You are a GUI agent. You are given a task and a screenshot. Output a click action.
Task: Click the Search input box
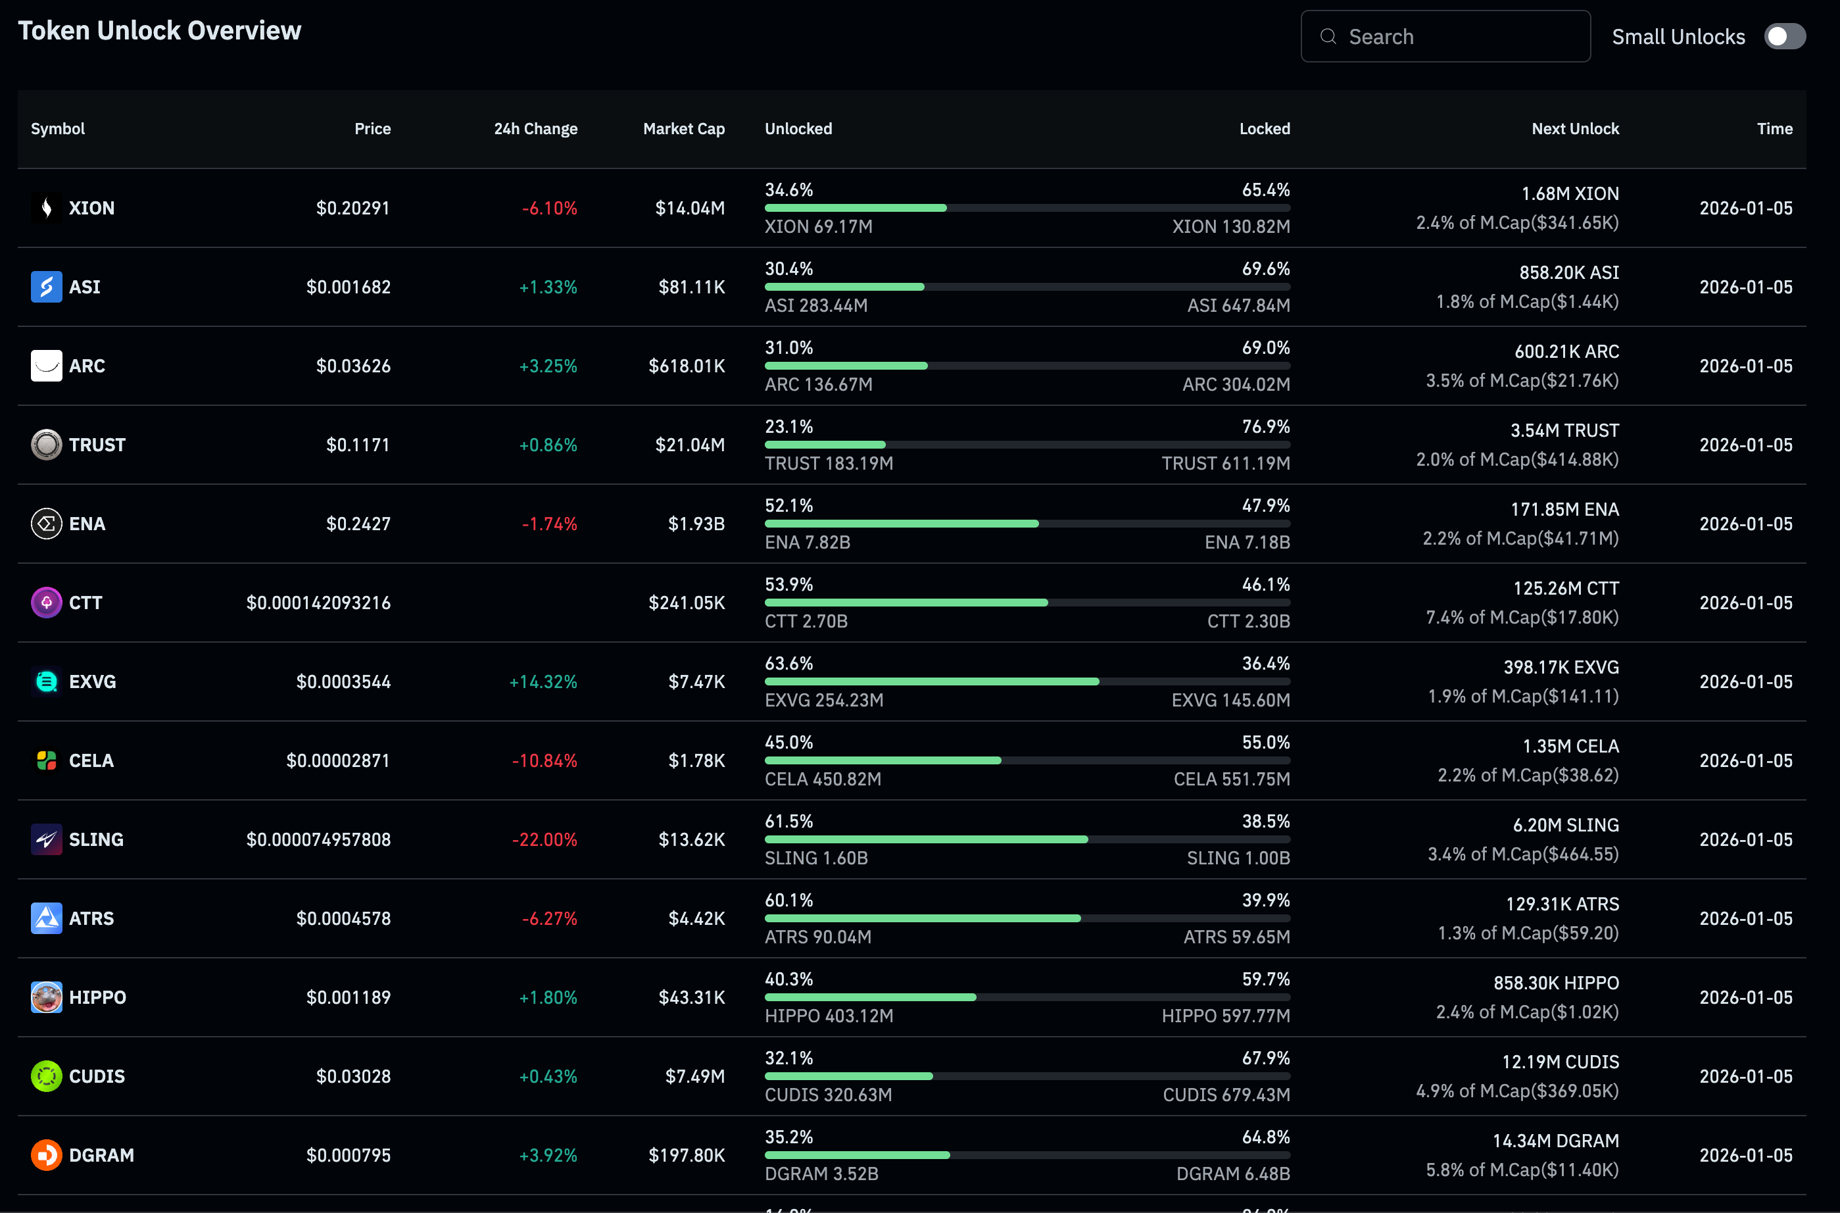coord(1445,36)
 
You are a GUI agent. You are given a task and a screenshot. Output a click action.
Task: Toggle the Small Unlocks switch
coord(1784,36)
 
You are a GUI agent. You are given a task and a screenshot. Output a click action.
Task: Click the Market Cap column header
coord(684,128)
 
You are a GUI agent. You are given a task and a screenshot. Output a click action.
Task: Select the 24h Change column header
coord(535,128)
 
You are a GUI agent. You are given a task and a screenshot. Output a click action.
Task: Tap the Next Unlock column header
coord(1575,128)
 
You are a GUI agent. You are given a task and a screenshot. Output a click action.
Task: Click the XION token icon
coord(47,208)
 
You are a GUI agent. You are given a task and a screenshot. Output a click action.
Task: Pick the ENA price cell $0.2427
coord(358,524)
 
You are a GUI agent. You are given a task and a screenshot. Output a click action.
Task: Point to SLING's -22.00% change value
coord(545,839)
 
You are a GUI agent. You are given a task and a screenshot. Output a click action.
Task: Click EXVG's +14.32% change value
coord(543,681)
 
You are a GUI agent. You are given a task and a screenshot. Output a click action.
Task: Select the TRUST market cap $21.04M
coord(690,445)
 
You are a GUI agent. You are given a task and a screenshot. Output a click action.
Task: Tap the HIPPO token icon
coord(47,997)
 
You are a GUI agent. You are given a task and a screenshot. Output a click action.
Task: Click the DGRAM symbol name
coord(101,1155)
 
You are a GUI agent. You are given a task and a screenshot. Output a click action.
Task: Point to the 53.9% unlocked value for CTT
coord(789,584)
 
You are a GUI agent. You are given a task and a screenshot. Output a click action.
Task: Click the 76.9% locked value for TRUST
coord(1265,426)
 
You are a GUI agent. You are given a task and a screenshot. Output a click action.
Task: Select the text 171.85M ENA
coord(1564,509)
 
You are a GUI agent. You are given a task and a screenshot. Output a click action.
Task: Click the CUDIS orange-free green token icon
coord(47,1076)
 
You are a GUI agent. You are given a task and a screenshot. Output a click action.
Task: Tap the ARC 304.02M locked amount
coord(1236,384)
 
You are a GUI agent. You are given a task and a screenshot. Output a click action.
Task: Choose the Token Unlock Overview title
coord(159,30)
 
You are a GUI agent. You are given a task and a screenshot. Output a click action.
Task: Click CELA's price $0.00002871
coord(338,760)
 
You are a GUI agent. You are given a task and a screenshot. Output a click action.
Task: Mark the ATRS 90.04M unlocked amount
coord(817,937)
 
